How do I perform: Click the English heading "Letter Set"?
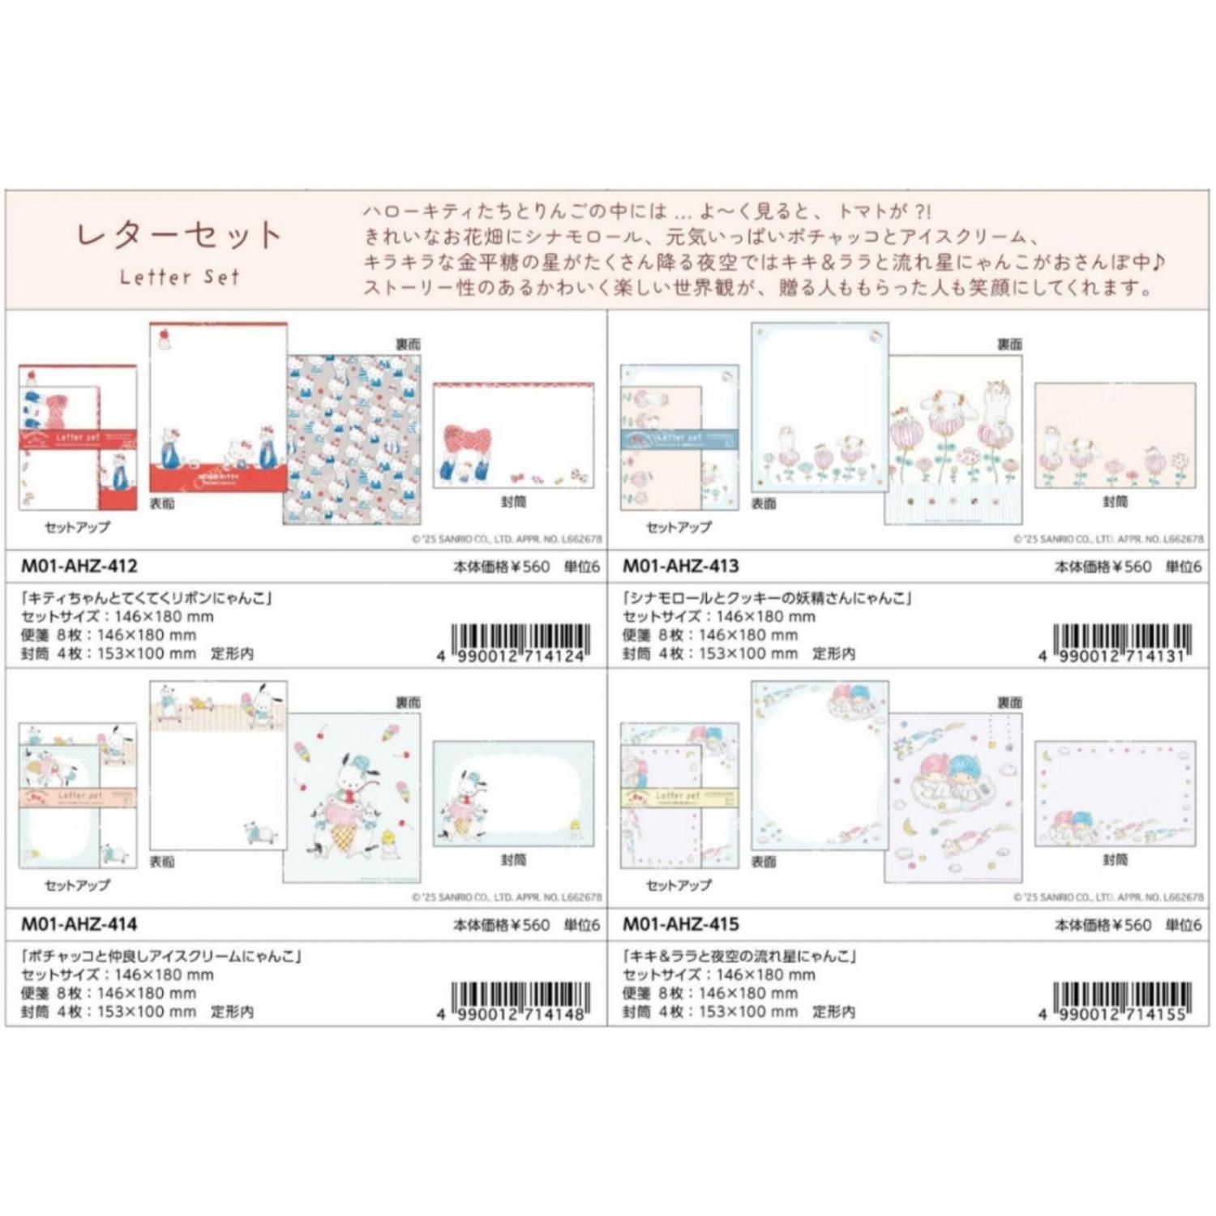(179, 277)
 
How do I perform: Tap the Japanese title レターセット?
(179, 236)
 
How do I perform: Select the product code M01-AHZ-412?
(79, 566)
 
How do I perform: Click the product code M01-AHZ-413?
(681, 566)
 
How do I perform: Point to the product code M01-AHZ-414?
(79, 924)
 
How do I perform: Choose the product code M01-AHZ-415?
(681, 924)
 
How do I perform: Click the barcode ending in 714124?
(520, 642)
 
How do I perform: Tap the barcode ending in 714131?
(1121, 642)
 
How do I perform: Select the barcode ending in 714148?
(520, 1000)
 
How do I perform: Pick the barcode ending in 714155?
(1121, 1000)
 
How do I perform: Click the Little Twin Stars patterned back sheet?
(953, 799)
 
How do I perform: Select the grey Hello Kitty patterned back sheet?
(352, 439)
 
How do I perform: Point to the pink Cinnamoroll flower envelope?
(1115, 435)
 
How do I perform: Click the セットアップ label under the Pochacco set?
(77, 885)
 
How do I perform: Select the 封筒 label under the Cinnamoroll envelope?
(1115, 502)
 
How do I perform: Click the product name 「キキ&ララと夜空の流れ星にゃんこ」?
(739, 957)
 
